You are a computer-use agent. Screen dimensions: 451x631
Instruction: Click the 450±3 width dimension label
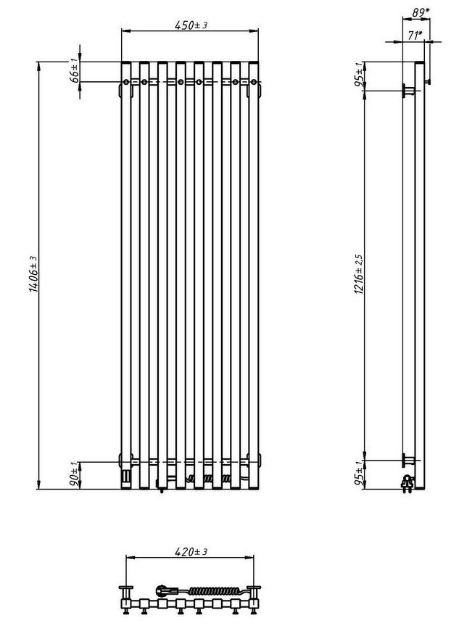point(191,25)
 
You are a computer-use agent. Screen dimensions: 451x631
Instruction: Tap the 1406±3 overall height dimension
point(33,274)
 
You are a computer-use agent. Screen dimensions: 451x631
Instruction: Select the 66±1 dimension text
point(75,71)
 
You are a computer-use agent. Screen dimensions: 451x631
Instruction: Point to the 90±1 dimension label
point(75,476)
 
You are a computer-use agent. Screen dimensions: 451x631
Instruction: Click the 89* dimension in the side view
point(421,12)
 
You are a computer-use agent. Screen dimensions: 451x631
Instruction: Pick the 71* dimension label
point(415,36)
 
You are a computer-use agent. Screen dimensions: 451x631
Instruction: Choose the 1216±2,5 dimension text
point(359,273)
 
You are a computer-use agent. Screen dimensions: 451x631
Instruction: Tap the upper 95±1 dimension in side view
point(359,75)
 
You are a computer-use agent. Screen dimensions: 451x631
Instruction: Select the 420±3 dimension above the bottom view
point(191,552)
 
